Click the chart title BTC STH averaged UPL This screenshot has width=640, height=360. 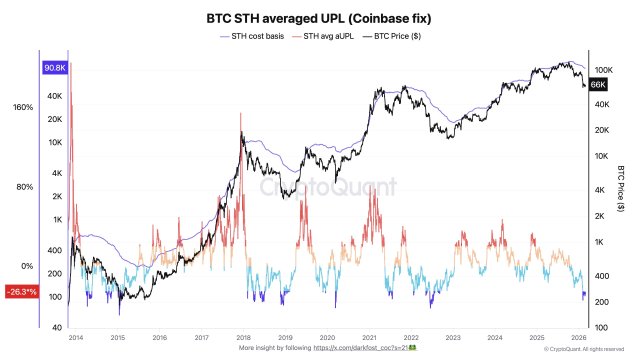[x=319, y=18]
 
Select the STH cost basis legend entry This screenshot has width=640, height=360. [x=252, y=37]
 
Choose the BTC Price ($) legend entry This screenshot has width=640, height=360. [x=407, y=37]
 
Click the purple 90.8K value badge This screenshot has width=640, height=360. [x=54, y=68]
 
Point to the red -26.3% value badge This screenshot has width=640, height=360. [x=20, y=292]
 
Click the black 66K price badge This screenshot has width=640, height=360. [x=598, y=87]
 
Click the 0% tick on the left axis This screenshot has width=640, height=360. [x=28, y=266]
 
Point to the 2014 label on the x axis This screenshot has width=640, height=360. [x=76, y=338]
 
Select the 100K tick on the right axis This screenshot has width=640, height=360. [x=602, y=69]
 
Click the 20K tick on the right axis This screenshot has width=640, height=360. [x=600, y=131]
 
